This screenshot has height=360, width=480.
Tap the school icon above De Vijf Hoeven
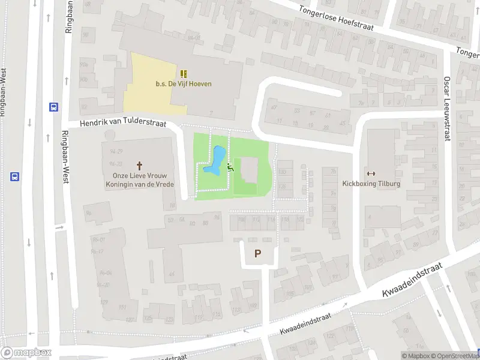tap(183, 74)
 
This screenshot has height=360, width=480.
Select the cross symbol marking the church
tap(140, 164)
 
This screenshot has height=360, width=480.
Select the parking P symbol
tap(258, 254)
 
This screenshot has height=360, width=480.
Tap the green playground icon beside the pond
tap(230, 169)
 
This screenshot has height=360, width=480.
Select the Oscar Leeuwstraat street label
tap(447, 108)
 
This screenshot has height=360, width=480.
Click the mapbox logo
tap(26, 353)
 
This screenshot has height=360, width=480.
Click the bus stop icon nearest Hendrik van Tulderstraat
tap(54, 107)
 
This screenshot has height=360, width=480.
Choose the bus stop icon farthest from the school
tap(14, 177)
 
